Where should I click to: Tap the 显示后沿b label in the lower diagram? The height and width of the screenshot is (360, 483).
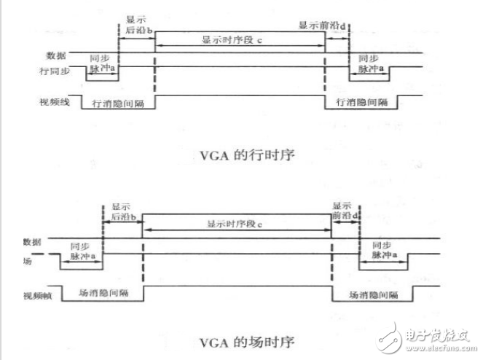123,213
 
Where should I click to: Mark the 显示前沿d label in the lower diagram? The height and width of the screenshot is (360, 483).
346,212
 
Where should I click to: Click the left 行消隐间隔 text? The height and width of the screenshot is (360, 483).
117,104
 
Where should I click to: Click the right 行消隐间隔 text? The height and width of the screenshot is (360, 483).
360,103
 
